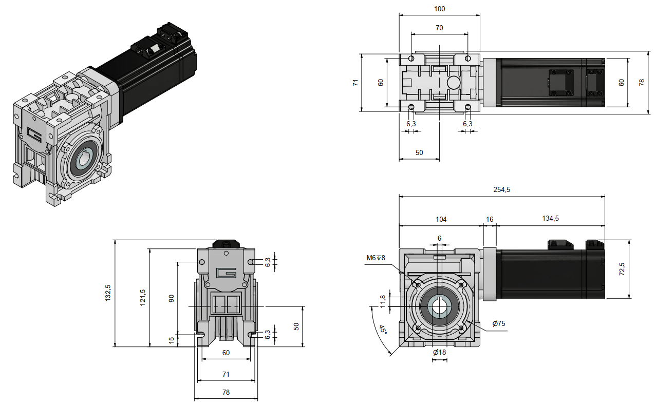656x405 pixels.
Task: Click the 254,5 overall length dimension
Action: [501, 189]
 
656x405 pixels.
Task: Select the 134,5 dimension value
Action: [550, 219]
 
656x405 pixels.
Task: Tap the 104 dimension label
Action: [441, 219]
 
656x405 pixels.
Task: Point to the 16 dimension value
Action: [490, 219]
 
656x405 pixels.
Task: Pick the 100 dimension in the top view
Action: [440, 9]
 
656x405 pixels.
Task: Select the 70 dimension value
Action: [439, 28]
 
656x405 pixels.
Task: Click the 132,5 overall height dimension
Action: [108, 293]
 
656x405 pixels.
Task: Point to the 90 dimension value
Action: [172, 298]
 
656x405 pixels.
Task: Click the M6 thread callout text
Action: [376, 258]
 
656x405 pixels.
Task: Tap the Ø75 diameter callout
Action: [499, 323]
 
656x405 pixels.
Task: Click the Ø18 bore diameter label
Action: [439, 352]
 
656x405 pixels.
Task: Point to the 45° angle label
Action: [382, 330]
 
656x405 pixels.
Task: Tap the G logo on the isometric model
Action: [34, 136]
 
